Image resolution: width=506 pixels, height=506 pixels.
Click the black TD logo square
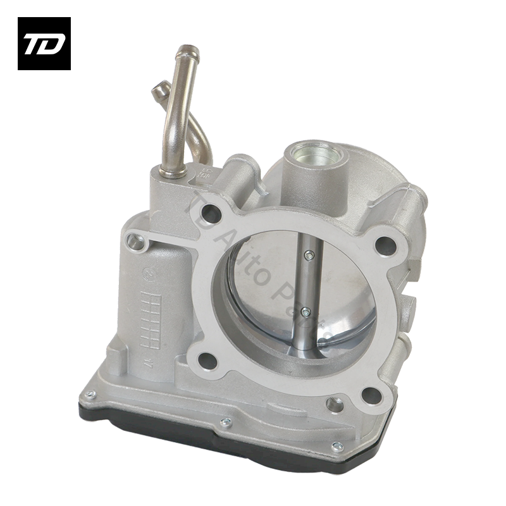pyautogui.click(x=44, y=44)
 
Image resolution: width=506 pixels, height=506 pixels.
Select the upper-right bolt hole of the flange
pyautogui.click(x=383, y=243)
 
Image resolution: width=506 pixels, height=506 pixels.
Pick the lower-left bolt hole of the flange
pyautogui.click(x=207, y=361)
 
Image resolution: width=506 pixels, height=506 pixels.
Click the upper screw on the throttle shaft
pyautogui.click(x=307, y=256)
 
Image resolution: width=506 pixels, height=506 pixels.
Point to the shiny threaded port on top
pyautogui.click(x=314, y=154)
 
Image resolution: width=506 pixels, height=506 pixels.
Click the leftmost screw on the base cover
pyautogui.click(x=90, y=395)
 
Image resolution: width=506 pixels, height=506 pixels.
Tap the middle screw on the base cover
pyautogui.click(x=225, y=423)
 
